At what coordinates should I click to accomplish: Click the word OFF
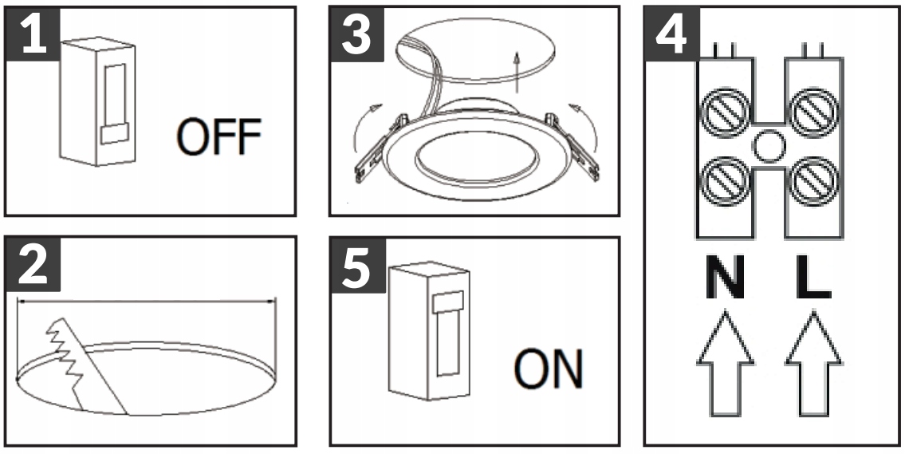[218, 139]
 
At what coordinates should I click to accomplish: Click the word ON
[547, 369]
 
